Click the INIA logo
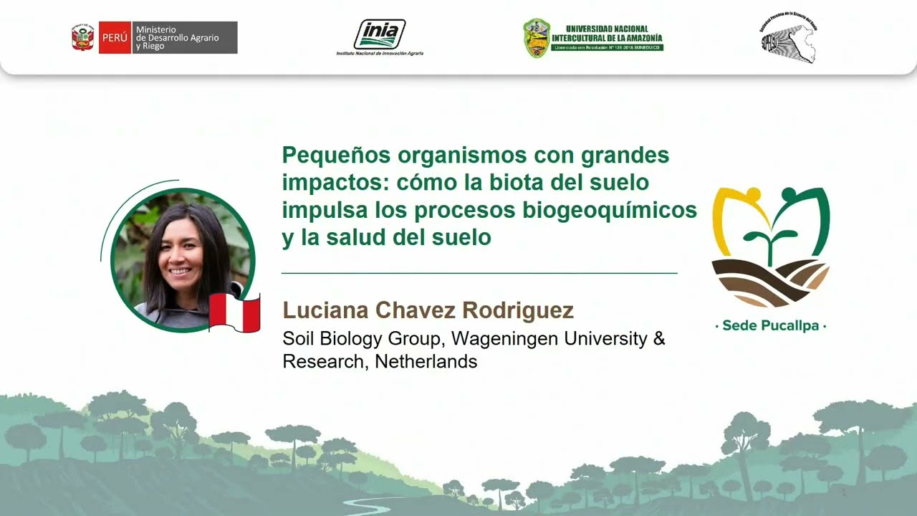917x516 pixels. (x=380, y=34)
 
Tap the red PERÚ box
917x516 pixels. (x=115, y=37)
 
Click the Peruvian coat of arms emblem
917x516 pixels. (x=82, y=37)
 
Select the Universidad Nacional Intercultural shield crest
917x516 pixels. (x=536, y=38)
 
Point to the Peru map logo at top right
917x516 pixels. (x=788, y=38)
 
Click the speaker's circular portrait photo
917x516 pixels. (x=183, y=260)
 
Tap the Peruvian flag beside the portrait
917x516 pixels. (x=234, y=313)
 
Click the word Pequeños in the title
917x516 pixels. (x=332, y=155)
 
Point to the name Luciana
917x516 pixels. (x=326, y=310)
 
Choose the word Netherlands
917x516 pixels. (x=426, y=361)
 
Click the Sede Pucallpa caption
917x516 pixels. (x=770, y=326)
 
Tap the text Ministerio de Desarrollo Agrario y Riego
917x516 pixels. (x=178, y=37)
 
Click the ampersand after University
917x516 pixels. (x=659, y=338)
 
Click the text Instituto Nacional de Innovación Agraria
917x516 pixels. (x=380, y=53)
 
